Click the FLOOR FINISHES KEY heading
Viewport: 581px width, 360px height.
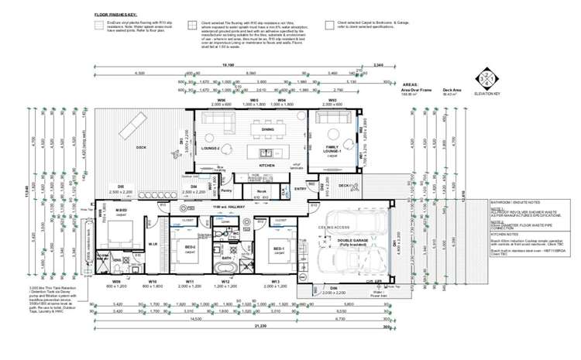pos(115,15)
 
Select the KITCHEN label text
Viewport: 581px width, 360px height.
pos(266,166)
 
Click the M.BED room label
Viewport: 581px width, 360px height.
pos(121,211)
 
